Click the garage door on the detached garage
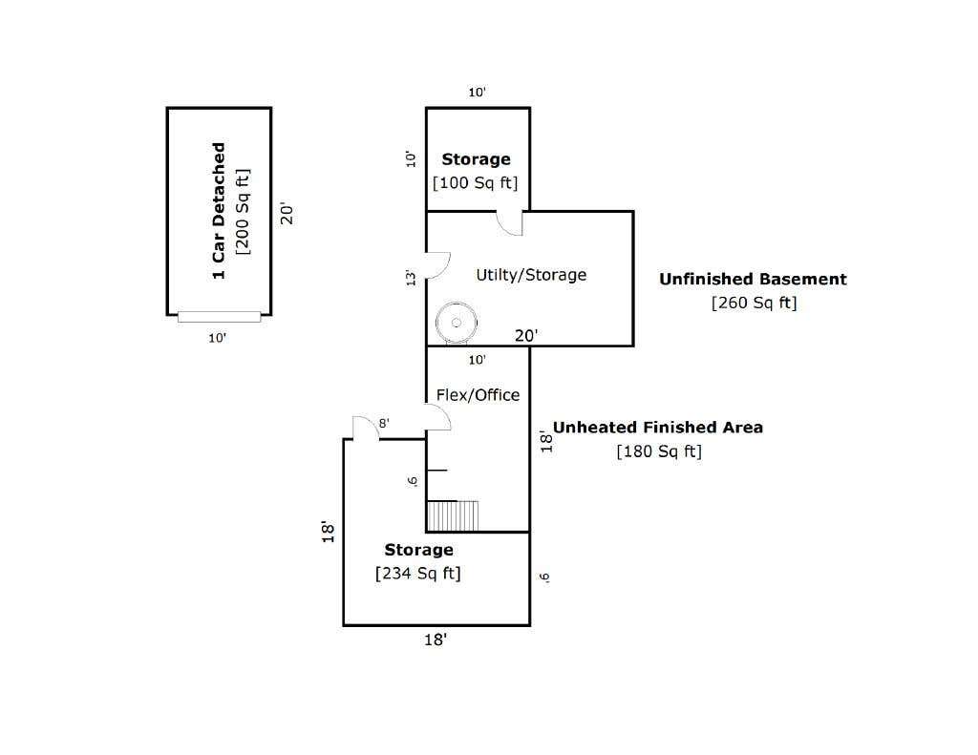pyautogui.click(x=219, y=317)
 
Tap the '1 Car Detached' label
pyautogui.click(x=219, y=211)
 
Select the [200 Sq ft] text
pyautogui.click(x=243, y=212)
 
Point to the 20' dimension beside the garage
pyautogui.click(x=287, y=213)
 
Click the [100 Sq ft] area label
pyautogui.click(x=476, y=182)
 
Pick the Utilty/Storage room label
pyautogui.click(x=531, y=275)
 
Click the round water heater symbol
pyautogui.click(x=456, y=323)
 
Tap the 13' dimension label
pyautogui.click(x=411, y=278)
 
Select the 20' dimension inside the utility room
pyautogui.click(x=526, y=335)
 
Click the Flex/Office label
pyautogui.click(x=478, y=394)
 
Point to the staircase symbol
pyautogui.click(x=453, y=515)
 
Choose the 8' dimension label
pyautogui.click(x=384, y=424)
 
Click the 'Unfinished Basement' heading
pyautogui.click(x=753, y=279)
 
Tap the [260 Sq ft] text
pyautogui.click(x=755, y=303)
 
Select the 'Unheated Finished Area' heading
pyautogui.click(x=658, y=427)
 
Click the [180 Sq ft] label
pyautogui.click(x=659, y=451)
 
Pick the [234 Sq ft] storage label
pyautogui.click(x=418, y=574)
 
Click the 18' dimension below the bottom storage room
pyautogui.click(x=436, y=640)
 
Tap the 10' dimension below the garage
pyautogui.click(x=217, y=338)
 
